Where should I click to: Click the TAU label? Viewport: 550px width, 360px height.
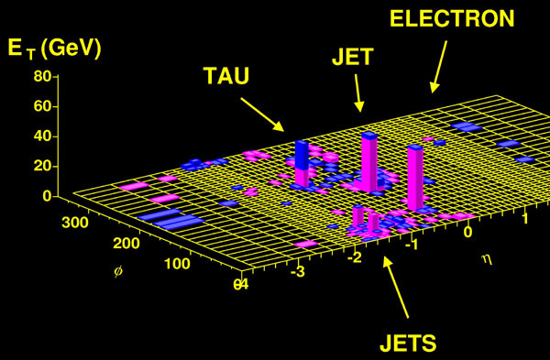226,76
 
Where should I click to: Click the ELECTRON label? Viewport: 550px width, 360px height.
452,18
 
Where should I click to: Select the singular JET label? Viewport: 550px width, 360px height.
353,57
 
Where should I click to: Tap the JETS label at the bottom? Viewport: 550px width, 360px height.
408,343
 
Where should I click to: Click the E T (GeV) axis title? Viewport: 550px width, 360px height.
54,49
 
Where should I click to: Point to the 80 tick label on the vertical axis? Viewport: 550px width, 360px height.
42,76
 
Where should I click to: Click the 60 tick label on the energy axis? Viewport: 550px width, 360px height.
42,106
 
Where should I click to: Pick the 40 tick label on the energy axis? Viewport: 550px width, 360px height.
42,136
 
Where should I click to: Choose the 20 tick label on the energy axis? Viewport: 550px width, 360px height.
42,166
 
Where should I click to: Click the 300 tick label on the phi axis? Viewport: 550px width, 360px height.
75,223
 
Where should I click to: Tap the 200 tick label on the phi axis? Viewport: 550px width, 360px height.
126,243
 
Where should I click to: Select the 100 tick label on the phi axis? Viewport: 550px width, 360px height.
177,264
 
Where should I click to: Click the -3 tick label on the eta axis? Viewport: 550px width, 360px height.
298,271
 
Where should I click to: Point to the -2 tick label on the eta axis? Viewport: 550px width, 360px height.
355,257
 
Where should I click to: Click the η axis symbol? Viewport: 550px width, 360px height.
488,259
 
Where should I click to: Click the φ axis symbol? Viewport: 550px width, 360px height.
118,272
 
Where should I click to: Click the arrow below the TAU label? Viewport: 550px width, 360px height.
262,115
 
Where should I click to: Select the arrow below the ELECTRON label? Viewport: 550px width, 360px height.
439,67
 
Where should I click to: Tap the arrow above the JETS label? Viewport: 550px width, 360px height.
396,287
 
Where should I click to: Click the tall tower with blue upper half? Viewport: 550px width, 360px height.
302,163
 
